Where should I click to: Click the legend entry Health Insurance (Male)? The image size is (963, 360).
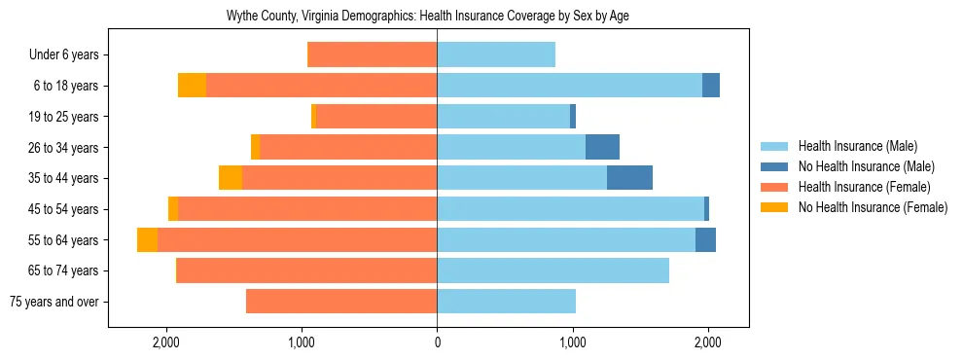click(857, 147)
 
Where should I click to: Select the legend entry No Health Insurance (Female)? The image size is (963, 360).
click(872, 207)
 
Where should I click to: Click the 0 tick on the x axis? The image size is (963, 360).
click(437, 342)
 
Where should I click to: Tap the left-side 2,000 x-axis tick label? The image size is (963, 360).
click(165, 342)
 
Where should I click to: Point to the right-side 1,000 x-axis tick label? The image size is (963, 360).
click(573, 342)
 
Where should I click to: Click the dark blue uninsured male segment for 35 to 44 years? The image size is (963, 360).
click(629, 178)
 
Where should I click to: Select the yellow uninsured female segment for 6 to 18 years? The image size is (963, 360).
click(192, 86)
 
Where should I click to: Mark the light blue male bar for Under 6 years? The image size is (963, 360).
click(496, 55)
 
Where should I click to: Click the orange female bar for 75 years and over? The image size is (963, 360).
click(341, 302)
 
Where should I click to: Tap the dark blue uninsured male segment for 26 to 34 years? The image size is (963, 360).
click(602, 148)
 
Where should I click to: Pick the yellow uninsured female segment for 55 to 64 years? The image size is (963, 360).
click(147, 240)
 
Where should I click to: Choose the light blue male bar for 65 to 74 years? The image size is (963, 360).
click(553, 270)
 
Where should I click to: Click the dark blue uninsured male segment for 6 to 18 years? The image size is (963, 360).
click(711, 86)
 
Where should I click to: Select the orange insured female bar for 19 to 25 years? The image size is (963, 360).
click(376, 117)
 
